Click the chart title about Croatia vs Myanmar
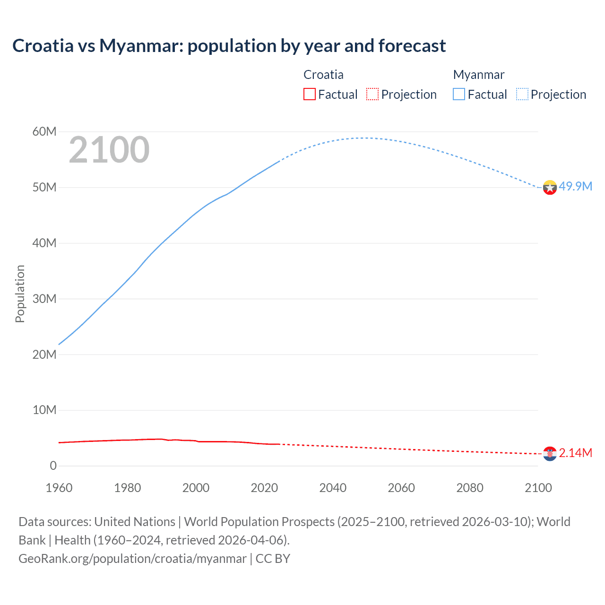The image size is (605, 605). point(229,46)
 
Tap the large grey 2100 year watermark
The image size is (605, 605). point(109,150)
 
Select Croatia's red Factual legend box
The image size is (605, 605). point(309,94)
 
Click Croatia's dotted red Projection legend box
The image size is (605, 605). point(372,94)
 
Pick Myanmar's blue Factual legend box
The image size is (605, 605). point(458,94)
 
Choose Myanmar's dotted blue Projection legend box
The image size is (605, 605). point(522,94)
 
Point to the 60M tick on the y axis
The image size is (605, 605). point(44,131)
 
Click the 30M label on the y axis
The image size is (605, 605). point(44,299)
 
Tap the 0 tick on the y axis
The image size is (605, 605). point(53,466)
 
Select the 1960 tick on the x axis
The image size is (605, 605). point(59,488)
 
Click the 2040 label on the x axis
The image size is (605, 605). point(333,488)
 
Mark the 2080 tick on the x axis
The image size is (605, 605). point(470,488)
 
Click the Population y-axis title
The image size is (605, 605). point(20,294)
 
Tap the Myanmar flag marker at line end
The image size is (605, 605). point(550,188)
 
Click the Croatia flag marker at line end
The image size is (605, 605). point(550,454)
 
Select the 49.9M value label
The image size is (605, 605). point(575,186)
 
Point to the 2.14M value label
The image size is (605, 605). point(575,453)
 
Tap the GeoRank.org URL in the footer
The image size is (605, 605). point(132,559)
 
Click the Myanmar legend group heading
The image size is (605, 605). point(478,75)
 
